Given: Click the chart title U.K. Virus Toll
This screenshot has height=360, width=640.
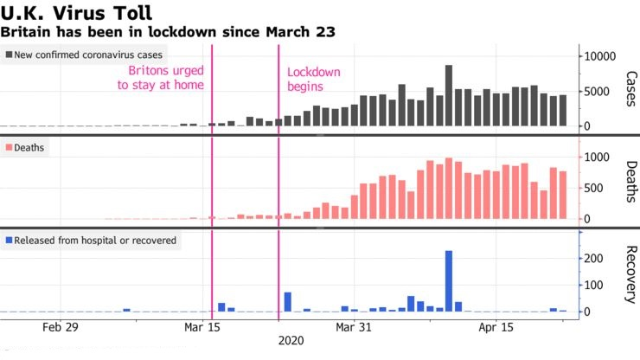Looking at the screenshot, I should coord(78,13).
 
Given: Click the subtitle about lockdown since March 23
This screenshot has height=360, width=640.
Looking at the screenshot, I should coord(169,32).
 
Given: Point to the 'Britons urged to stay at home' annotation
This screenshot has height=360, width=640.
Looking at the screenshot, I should coord(166,78).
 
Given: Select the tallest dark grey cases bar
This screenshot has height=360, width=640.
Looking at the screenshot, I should coord(449,95).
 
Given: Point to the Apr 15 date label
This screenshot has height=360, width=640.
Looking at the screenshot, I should coord(496,328).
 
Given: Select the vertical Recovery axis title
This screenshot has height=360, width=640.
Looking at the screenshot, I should coord(629,275).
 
